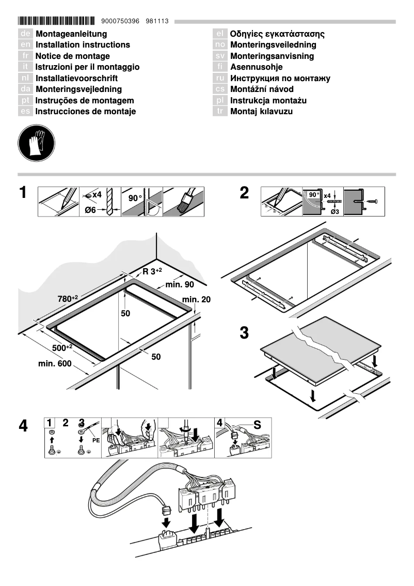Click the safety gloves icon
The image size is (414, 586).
tap(35, 142)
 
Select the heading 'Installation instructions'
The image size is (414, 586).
tap(83, 45)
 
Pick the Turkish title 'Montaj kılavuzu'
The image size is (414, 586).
tap(262, 112)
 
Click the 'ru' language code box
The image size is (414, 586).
tap(220, 79)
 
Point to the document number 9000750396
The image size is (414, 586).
tap(121, 21)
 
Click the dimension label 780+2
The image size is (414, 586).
tap(68, 299)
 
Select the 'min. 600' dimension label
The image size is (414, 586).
tap(55, 364)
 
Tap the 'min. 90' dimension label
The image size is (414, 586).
tap(180, 285)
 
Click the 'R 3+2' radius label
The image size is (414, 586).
tap(152, 271)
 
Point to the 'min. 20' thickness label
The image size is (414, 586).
tap(196, 299)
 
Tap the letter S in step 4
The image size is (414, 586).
tap(257, 424)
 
